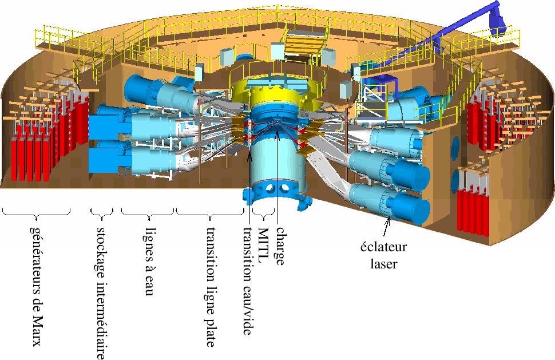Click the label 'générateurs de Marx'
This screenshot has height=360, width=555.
(x=36, y=284)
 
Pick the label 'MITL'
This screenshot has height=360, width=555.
(x=263, y=246)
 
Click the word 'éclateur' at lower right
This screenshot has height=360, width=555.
(x=383, y=247)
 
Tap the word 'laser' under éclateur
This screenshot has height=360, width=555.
(x=384, y=264)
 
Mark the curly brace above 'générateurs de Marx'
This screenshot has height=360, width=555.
(x=36, y=213)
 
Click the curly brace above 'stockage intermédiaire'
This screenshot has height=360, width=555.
(x=102, y=213)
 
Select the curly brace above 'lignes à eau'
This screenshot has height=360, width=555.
(x=148, y=213)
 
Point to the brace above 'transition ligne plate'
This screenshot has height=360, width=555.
(x=211, y=213)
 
